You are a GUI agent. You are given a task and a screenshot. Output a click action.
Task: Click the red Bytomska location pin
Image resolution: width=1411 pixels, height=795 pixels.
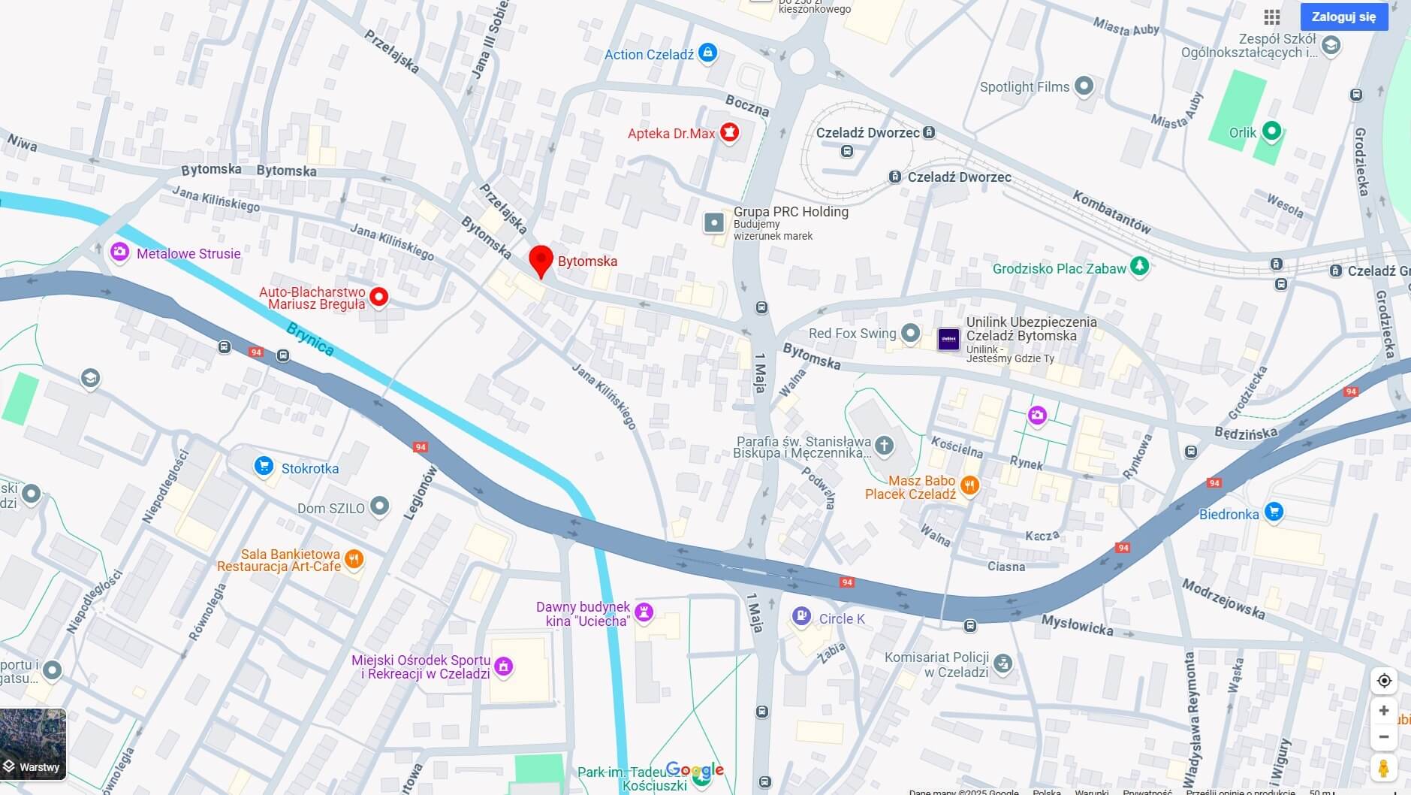click(x=541, y=260)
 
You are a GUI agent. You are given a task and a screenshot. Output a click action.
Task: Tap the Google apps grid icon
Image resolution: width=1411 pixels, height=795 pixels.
click(x=1271, y=17)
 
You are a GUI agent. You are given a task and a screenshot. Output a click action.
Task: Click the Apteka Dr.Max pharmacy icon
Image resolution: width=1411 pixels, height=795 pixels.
click(x=729, y=132)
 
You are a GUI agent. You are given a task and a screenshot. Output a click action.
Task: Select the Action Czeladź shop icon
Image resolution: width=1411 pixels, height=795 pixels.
click(x=707, y=53)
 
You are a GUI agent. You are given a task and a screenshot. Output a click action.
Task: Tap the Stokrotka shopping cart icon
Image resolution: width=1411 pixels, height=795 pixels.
click(x=263, y=467)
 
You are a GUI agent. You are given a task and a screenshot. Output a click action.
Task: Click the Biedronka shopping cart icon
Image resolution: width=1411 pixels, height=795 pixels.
click(x=1273, y=512)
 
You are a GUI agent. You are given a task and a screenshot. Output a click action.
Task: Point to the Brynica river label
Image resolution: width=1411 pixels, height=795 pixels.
click(x=310, y=339)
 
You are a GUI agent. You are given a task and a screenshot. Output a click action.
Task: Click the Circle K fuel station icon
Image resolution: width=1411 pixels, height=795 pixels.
click(x=801, y=617)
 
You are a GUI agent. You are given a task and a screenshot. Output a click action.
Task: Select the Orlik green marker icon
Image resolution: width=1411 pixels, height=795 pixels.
click(x=1271, y=131)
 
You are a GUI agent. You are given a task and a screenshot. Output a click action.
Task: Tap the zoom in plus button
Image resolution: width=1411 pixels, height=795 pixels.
click(x=1383, y=710)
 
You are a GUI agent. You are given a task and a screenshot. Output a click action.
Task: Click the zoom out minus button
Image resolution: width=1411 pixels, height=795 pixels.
click(x=1383, y=737)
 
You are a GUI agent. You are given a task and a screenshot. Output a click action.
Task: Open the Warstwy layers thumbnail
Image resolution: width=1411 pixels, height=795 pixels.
click(x=33, y=744)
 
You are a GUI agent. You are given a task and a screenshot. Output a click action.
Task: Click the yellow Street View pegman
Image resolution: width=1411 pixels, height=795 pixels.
click(x=1383, y=769)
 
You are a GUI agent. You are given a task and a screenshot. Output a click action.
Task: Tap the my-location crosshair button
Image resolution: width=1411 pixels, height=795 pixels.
click(x=1383, y=681)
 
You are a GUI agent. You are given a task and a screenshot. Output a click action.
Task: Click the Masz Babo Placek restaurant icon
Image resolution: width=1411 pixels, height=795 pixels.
click(x=969, y=485)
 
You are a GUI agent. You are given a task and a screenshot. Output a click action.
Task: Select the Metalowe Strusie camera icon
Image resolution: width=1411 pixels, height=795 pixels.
click(x=119, y=252)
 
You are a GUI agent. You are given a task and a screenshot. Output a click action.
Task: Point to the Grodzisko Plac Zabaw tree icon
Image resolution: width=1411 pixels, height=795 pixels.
click(x=1139, y=266)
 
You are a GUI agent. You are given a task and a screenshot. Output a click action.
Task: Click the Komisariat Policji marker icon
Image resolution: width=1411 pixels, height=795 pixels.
click(x=1002, y=664)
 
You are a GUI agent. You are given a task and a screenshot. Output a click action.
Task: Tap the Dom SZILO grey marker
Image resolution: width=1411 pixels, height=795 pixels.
click(x=379, y=506)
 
